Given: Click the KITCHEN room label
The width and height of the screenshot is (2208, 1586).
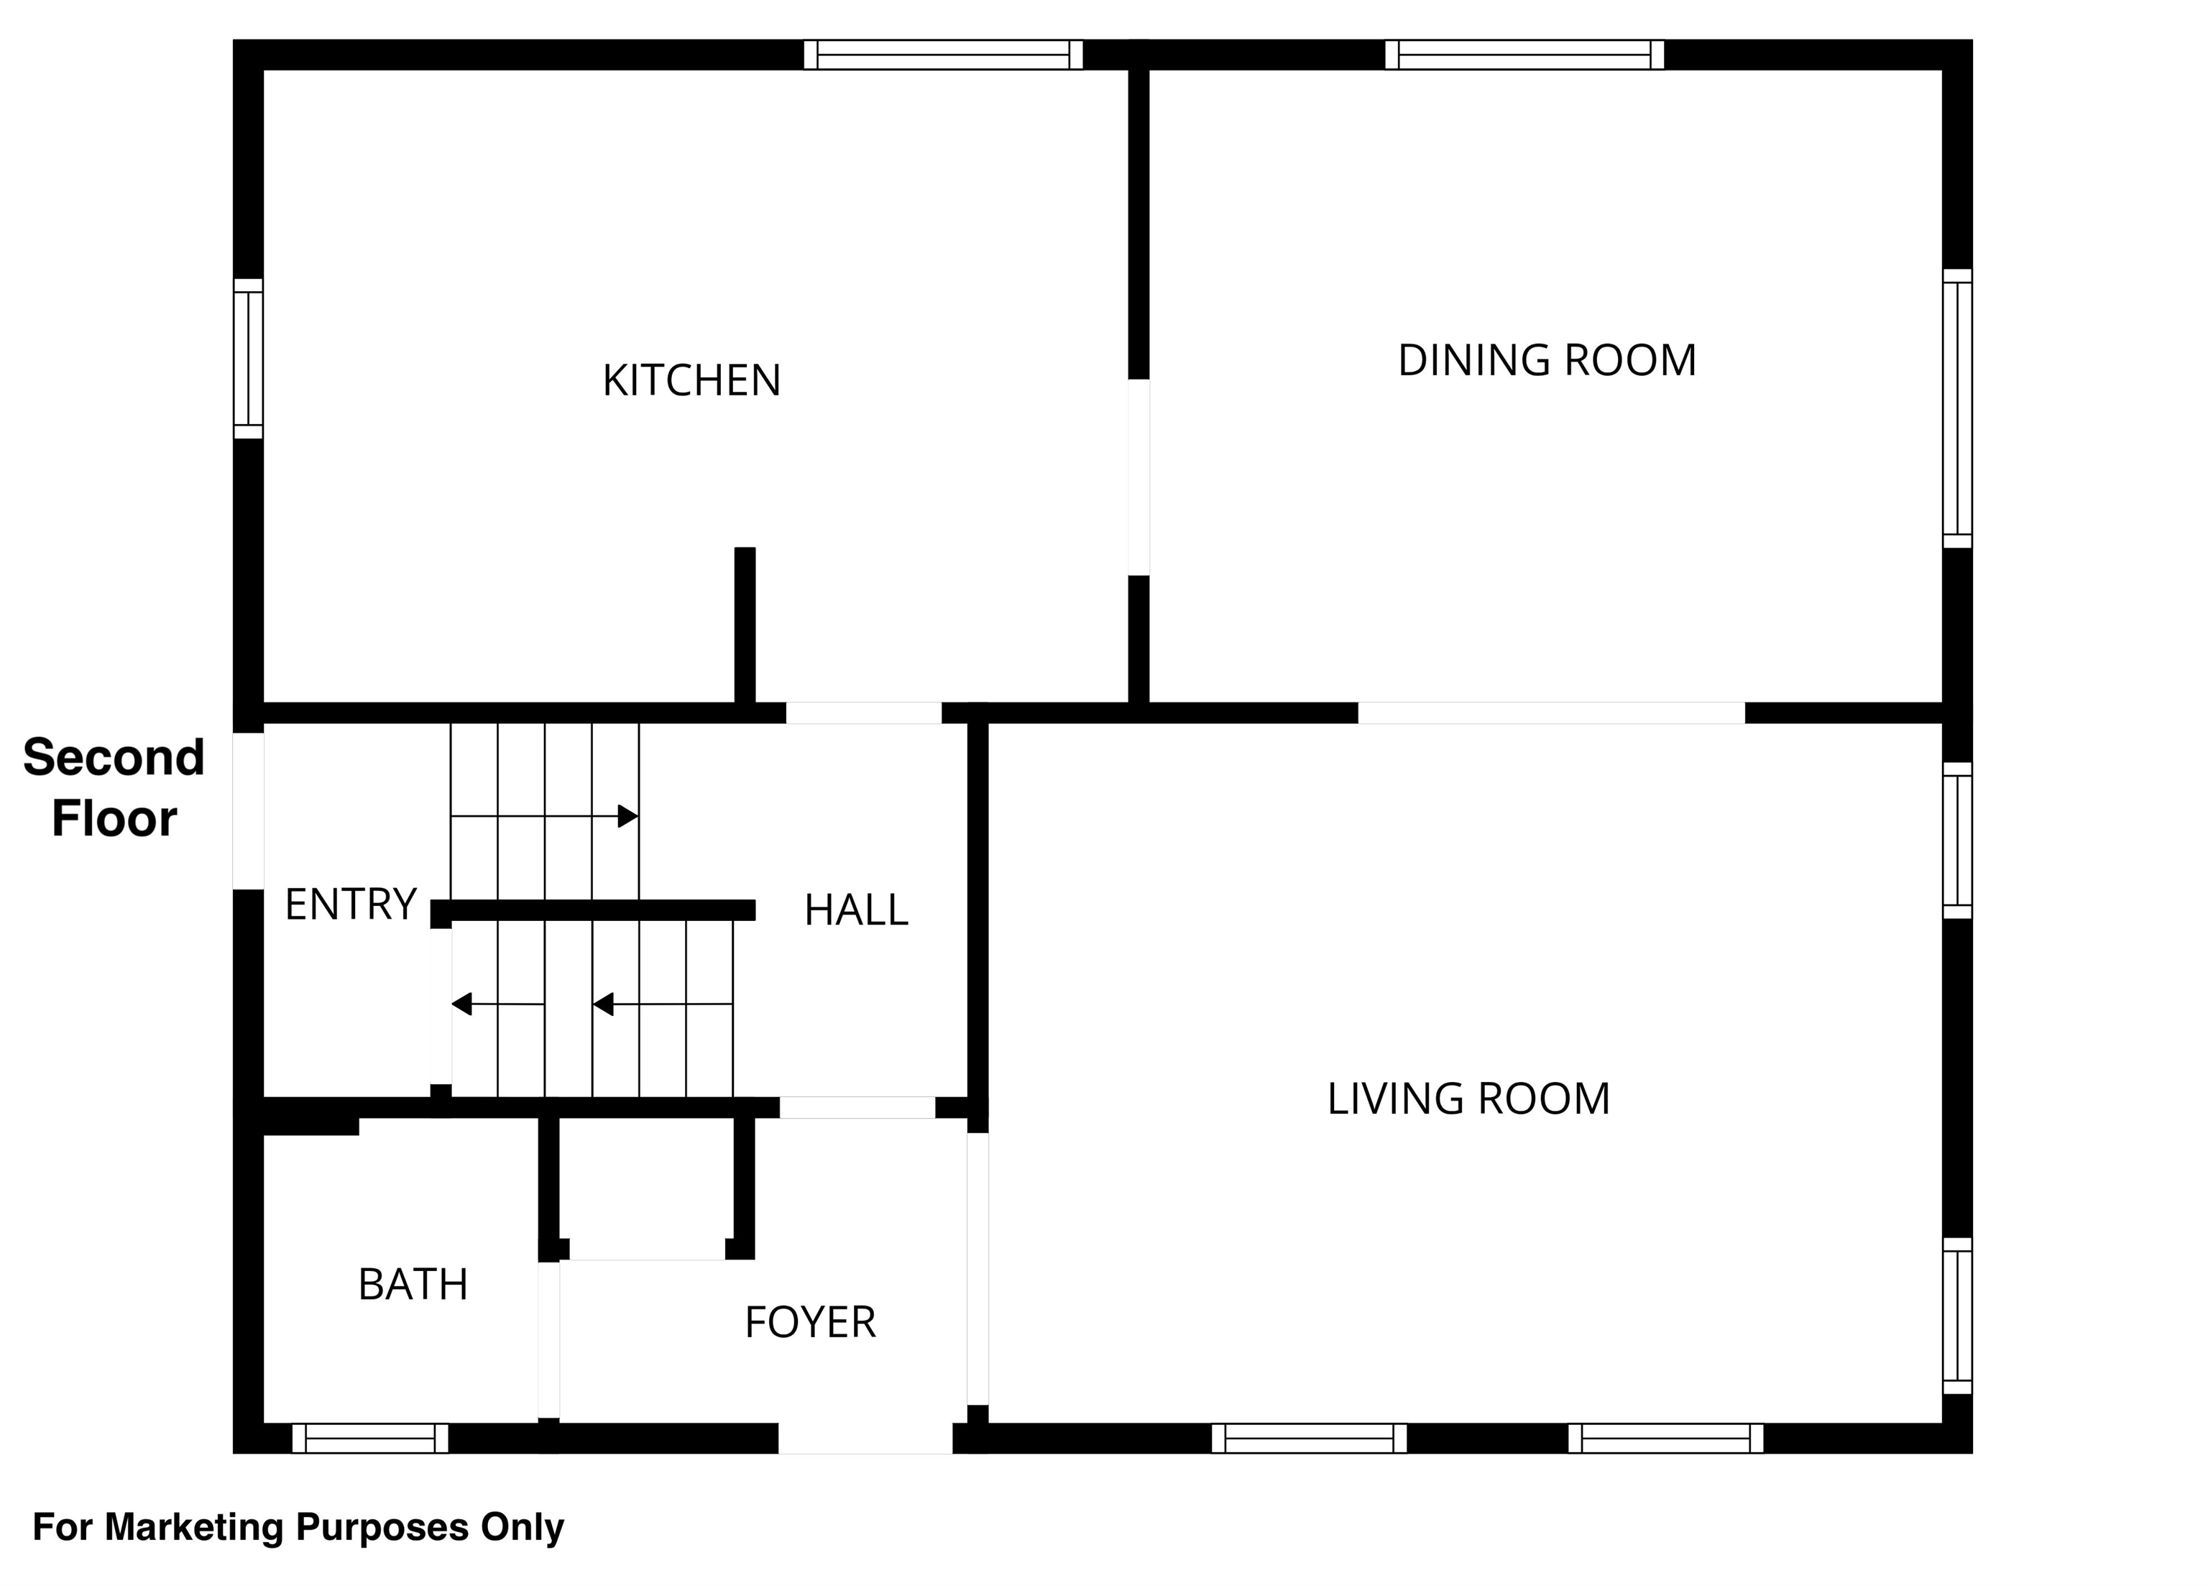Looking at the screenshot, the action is click(x=691, y=380).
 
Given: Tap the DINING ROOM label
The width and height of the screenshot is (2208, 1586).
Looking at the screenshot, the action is click(x=1547, y=360).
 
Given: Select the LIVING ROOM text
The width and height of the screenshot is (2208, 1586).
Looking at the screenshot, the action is click(x=1468, y=1099).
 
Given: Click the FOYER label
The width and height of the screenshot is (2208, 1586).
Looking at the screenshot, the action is click(x=810, y=1322).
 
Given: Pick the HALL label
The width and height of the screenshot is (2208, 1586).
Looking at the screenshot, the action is click(x=856, y=910).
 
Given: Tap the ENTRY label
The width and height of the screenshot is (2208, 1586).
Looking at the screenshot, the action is click(x=351, y=904).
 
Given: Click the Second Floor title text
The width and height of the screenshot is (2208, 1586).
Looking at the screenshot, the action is click(x=114, y=787).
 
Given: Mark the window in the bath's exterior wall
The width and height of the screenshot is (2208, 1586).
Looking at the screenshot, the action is click(x=370, y=1438).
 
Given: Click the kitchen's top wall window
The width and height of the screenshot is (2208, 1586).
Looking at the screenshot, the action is click(x=944, y=55).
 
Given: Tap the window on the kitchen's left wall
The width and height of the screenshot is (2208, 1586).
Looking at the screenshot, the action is click(x=248, y=358).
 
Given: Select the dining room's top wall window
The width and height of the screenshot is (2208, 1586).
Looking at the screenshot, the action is click(x=1524, y=55).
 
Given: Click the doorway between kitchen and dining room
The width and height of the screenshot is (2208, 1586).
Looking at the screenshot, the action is click(x=1139, y=477).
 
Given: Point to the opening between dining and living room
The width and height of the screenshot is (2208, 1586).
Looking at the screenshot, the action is click(x=1552, y=712).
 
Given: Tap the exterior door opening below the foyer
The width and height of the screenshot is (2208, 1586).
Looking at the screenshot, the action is click(x=865, y=1438).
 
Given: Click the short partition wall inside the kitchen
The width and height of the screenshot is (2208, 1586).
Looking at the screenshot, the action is click(x=745, y=625).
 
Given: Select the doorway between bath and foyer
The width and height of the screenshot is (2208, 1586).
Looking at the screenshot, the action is click(x=549, y=1339).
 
